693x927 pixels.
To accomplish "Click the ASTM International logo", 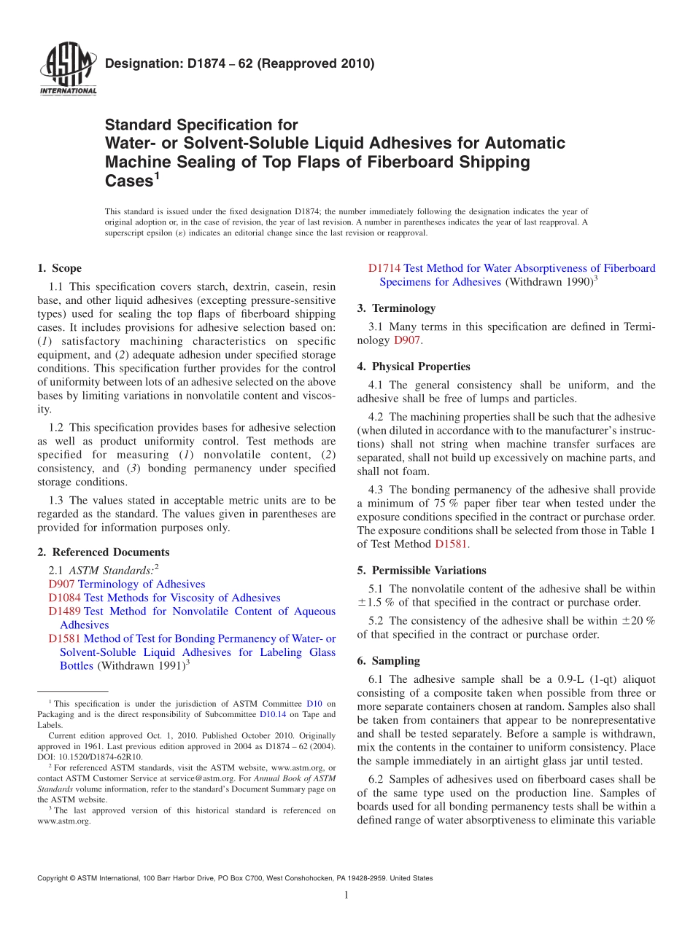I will (67, 70).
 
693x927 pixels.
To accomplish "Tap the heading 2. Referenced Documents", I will (104, 552).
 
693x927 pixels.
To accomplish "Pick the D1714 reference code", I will (384, 268).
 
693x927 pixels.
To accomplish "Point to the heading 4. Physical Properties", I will (414, 366).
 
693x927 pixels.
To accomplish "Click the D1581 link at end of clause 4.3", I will (450, 544).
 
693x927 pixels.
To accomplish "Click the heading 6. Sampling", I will (389, 660).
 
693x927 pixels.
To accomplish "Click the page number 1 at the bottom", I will (346, 896).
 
